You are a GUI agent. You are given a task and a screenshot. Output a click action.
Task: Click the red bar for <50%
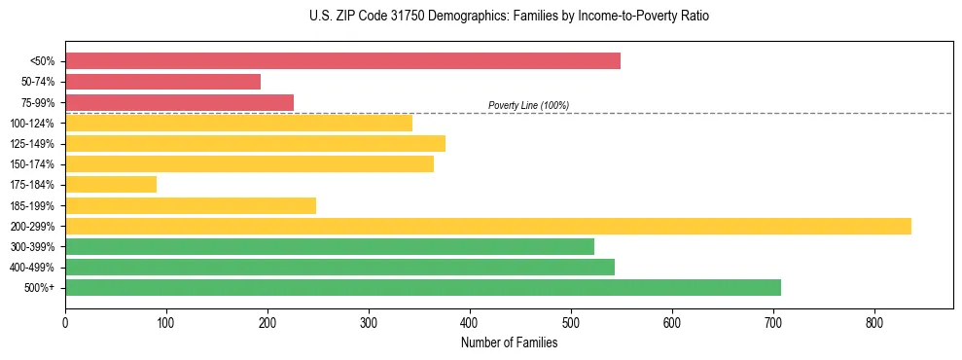[x=342, y=61]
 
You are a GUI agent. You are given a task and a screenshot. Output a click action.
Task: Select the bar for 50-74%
[x=162, y=82]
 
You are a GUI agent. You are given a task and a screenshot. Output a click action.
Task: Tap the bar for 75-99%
[x=179, y=102]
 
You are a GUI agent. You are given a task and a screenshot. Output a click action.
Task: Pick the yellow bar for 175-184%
[x=111, y=184]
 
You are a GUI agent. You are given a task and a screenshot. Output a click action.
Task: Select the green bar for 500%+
[x=423, y=287]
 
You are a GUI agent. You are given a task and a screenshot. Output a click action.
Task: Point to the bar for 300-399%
[x=330, y=246]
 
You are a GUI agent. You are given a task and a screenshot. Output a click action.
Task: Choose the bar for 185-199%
[x=191, y=205]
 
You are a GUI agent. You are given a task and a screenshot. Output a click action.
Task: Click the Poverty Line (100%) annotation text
[x=528, y=105]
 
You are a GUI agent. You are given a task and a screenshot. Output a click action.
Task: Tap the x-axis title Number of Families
[x=509, y=342]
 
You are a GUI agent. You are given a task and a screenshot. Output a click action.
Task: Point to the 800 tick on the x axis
[x=874, y=322]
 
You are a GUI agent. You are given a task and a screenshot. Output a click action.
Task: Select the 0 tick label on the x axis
[x=65, y=322]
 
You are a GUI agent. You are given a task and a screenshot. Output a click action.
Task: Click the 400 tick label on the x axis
[x=470, y=322]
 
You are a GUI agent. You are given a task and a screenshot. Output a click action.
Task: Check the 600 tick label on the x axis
[x=672, y=322]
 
